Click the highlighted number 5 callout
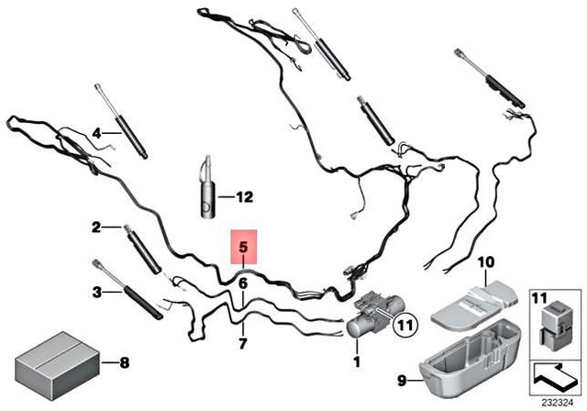point(243,247)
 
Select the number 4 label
point(95,133)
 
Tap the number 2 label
point(95,226)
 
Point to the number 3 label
point(95,294)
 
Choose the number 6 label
point(243,284)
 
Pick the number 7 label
point(243,344)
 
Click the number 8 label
point(126,363)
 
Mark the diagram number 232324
point(556,401)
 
